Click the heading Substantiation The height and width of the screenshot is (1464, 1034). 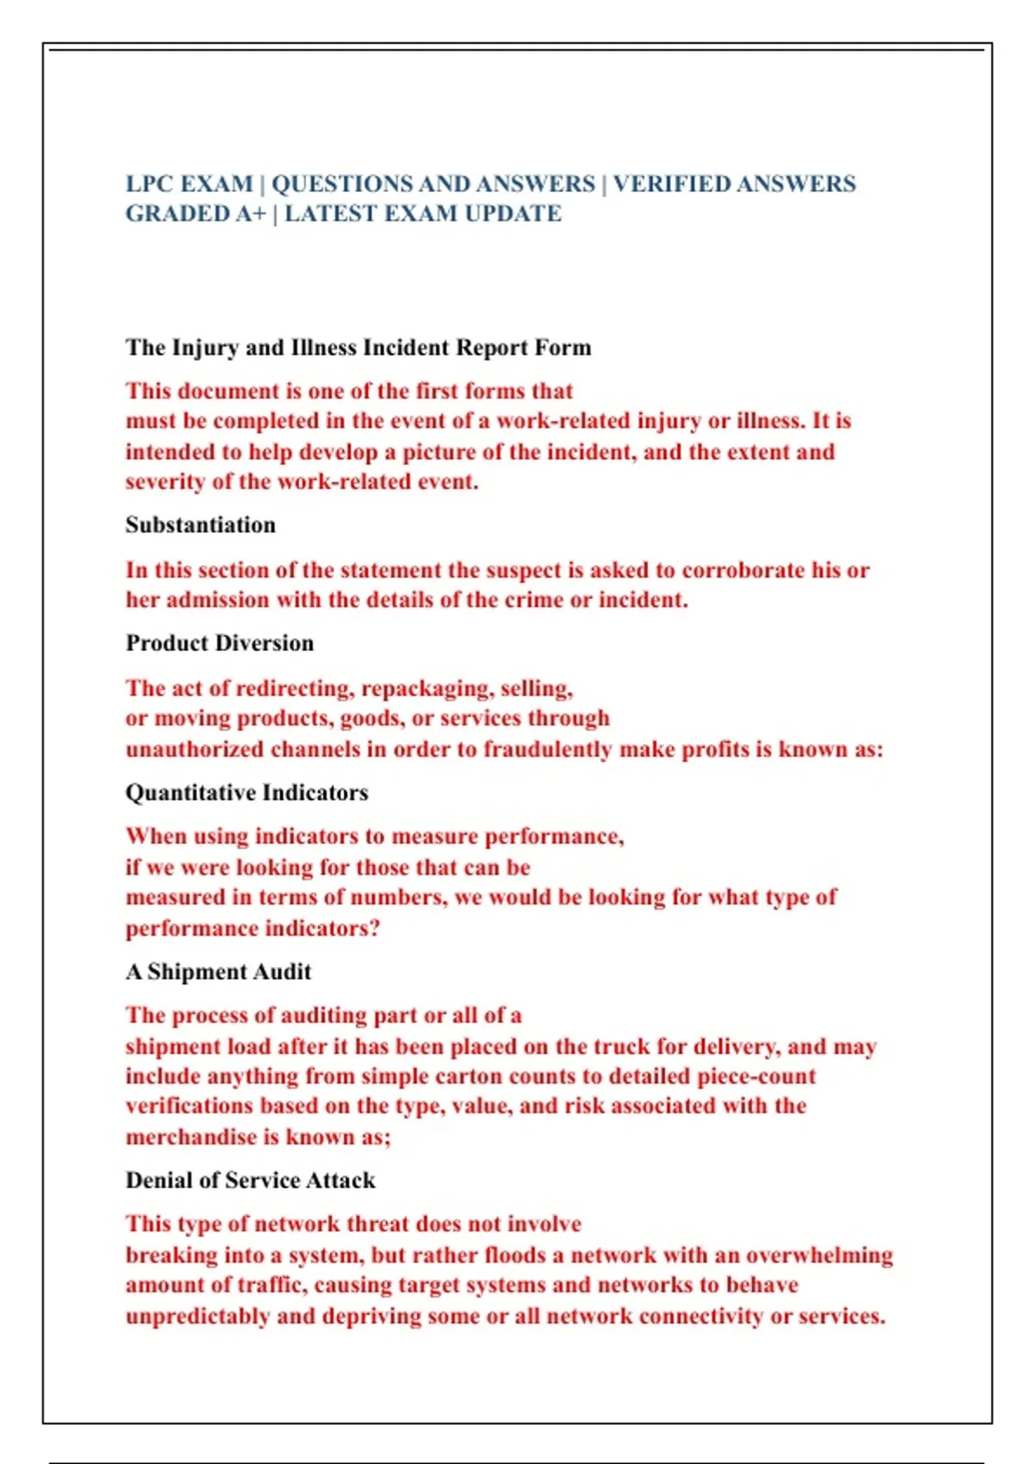[x=201, y=525]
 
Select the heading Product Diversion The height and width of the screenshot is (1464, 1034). [x=220, y=643]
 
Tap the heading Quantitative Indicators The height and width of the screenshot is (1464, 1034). [x=246, y=792]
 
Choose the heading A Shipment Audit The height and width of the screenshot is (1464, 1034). [x=218, y=971]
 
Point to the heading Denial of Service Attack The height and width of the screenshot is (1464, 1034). [x=250, y=1180]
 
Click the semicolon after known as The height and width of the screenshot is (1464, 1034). [x=388, y=1138]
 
